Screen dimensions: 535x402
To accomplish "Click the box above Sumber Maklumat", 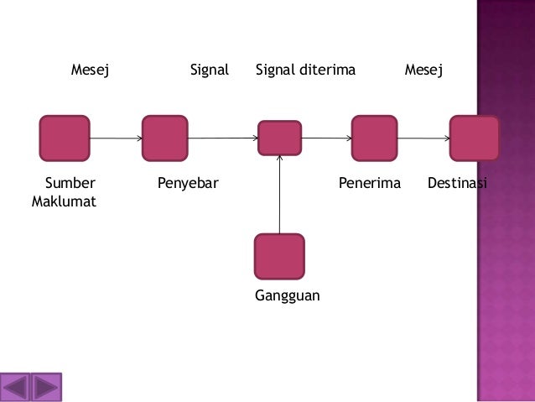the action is [65, 138].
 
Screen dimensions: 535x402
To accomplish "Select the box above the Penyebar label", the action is [165, 138].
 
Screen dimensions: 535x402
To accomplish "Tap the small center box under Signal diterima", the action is [279, 138].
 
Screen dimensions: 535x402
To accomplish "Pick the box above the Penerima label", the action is [374, 138].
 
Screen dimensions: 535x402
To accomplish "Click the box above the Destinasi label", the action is [474, 138].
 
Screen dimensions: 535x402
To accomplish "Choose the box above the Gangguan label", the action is [279, 257].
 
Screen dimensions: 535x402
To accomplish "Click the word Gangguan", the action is [288, 295].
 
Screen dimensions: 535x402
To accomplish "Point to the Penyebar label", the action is [188, 184].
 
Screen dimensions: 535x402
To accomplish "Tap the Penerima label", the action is [370, 183].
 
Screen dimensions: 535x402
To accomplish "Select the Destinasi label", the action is [457, 183].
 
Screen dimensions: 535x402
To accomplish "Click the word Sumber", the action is [70, 183].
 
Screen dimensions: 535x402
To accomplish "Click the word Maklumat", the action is [64, 201].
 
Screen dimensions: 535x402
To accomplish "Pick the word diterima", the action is [328, 70].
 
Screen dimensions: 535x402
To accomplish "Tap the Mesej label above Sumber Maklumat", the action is [90, 70].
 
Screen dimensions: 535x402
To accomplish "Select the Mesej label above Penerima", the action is [423, 70].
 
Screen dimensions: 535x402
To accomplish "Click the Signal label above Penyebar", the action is [210, 70].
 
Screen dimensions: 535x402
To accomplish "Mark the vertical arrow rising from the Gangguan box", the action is [279, 195].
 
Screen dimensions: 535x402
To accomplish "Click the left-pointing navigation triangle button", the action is [15, 388].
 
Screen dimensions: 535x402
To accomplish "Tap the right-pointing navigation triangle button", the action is [46, 388].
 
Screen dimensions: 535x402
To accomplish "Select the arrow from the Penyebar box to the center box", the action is [223, 138].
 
